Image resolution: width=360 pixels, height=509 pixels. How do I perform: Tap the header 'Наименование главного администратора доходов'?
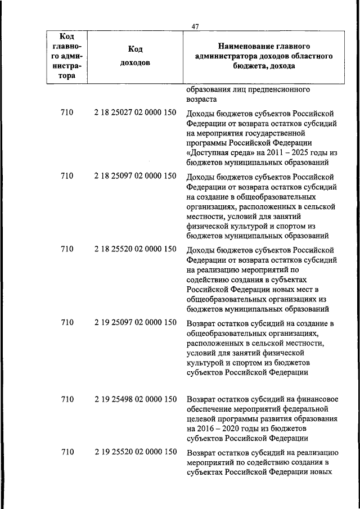pos(264,56)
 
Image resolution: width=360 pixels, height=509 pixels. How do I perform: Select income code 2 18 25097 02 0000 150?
pos(135,177)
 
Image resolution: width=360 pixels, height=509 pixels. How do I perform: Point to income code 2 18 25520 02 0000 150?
pos(135,250)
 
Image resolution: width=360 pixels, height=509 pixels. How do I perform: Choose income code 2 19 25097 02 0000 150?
pos(135,323)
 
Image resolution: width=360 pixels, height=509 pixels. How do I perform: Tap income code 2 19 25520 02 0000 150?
pos(135,452)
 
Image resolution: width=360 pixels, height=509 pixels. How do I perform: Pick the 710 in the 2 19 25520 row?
pos(67,452)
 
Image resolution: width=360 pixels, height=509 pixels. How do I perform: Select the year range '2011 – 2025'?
pos(282,152)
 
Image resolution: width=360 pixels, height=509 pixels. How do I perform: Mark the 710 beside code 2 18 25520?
pos(67,250)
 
